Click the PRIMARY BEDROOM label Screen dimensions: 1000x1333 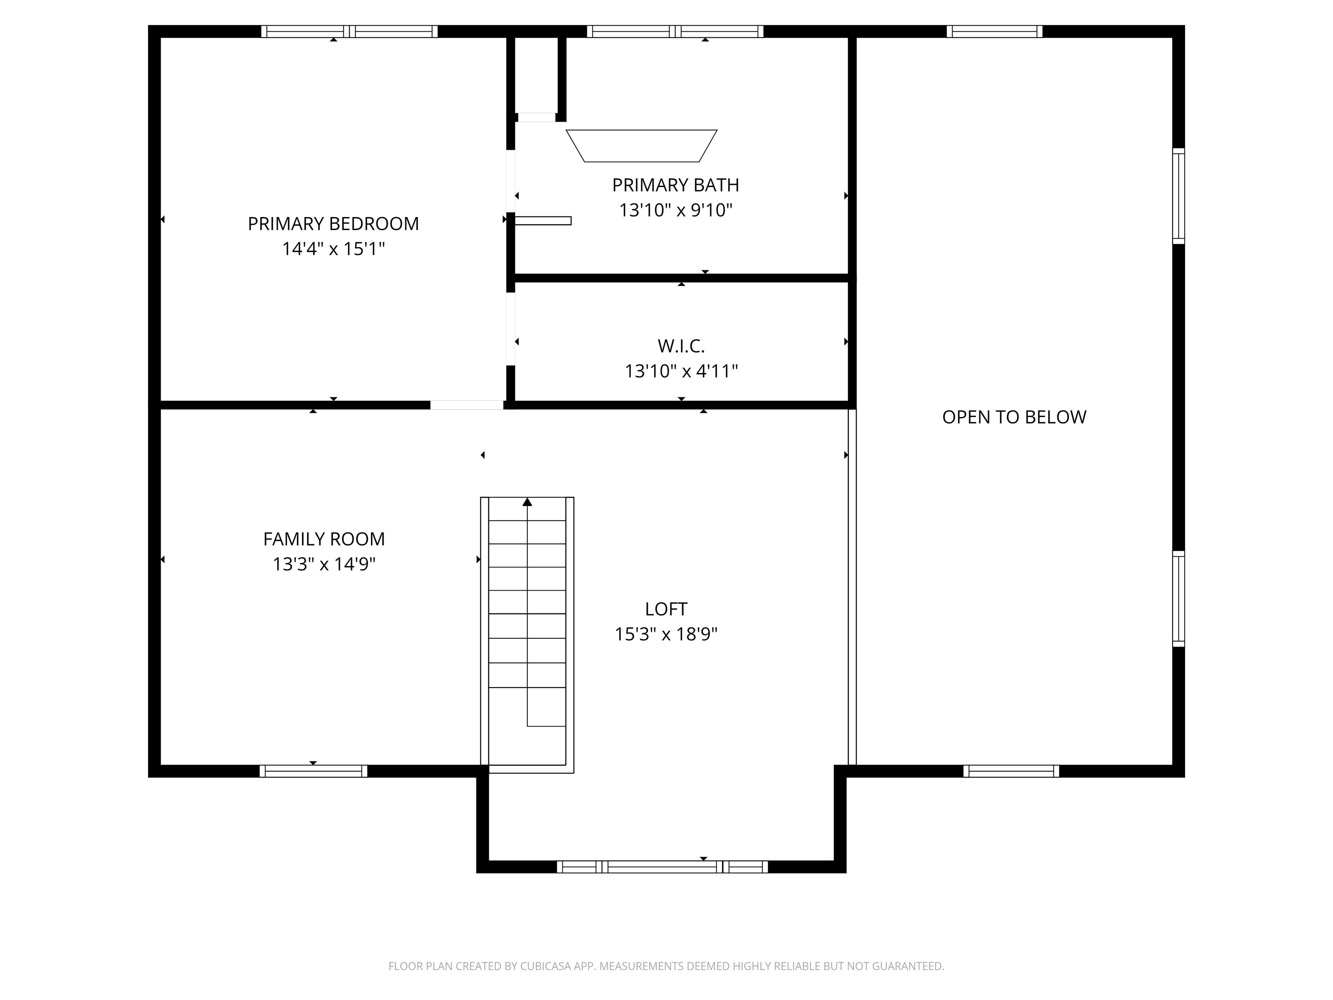point(333,224)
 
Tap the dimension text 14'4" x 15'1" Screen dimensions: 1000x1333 point(333,249)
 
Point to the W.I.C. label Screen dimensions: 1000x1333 point(681,346)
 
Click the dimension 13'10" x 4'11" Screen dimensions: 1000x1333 point(681,371)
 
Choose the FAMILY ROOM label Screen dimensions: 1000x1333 point(324,539)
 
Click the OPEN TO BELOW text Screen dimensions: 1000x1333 point(1014,417)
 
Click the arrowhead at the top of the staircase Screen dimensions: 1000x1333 point(527,501)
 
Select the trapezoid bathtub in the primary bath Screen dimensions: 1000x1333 point(641,146)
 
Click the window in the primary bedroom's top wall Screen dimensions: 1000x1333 point(349,31)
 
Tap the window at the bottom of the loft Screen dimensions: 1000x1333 point(662,867)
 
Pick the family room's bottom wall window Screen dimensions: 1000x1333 point(313,771)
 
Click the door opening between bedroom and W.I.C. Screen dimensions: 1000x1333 point(510,329)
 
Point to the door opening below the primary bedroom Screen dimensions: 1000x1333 point(466,405)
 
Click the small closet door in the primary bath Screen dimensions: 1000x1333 point(536,118)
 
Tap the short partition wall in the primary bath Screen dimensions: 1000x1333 point(542,220)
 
